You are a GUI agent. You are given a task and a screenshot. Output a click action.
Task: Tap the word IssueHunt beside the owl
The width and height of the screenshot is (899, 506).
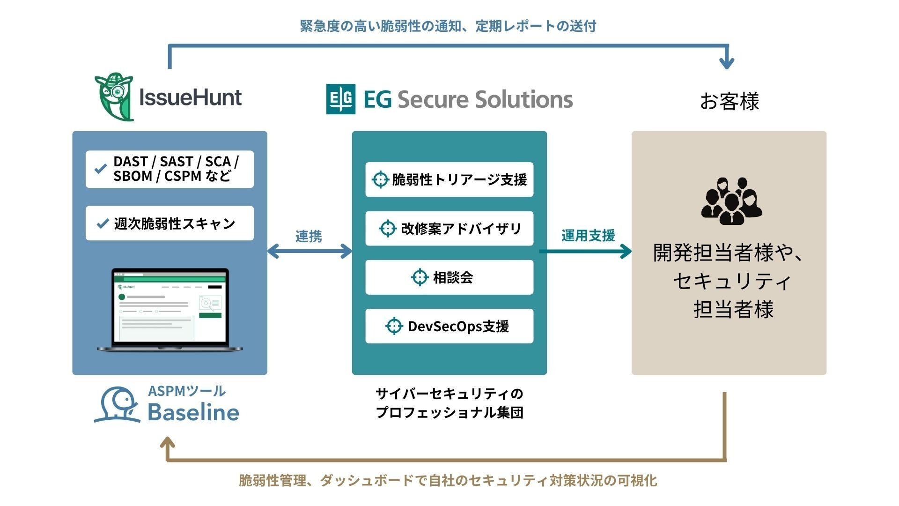point(191,97)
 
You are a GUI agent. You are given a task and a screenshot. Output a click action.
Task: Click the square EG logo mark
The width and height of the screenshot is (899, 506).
point(340,99)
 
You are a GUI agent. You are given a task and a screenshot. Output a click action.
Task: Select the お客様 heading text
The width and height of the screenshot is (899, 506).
point(729,101)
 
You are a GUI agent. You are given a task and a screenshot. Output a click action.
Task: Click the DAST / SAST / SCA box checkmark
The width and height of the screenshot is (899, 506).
point(100,169)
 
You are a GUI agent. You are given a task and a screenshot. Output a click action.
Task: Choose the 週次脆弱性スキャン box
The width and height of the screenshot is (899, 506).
point(169,223)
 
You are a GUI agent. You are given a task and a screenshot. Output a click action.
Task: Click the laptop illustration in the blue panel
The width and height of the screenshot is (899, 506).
point(170,310)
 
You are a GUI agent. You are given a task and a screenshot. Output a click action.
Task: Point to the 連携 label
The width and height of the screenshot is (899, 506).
point(309,236)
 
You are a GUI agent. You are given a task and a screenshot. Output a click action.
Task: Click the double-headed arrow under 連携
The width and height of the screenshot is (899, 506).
point(309,252)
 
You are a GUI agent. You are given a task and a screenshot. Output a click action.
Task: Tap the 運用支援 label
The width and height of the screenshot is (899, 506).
point(588,235)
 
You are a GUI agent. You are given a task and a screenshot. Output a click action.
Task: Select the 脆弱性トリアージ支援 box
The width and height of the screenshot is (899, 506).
point(449,179)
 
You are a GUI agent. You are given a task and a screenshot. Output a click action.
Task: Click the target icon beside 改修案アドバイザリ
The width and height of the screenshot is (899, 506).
point(387,229)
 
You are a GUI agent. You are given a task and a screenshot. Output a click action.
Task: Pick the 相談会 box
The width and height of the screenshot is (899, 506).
point(449,277)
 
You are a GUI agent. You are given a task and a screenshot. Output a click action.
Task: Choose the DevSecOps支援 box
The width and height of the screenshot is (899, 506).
point(449,326)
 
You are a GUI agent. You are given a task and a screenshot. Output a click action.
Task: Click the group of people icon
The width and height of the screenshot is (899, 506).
point(731,201)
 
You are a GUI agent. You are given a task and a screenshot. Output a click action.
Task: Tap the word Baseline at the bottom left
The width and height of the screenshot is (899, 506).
point(193,412)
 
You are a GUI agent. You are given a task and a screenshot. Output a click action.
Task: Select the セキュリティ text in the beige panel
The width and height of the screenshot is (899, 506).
point(732,281)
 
